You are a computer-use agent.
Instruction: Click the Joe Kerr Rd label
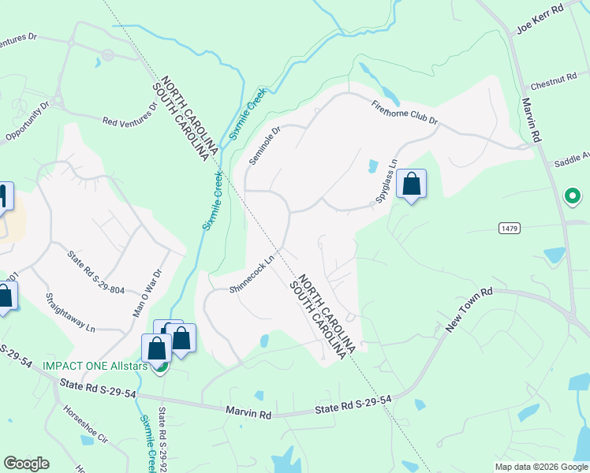[x=540, y=18]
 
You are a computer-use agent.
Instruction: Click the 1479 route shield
[x=509, y=228]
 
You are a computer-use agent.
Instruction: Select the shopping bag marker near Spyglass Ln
[x=411, y=185]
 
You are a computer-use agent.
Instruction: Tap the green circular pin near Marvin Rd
[x=572, y=195]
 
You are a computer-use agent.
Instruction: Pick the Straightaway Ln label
[x=70, y=312]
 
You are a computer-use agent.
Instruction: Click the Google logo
[x=26, y=464]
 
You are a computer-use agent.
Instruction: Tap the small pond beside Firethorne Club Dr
[x=372, y=166]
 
